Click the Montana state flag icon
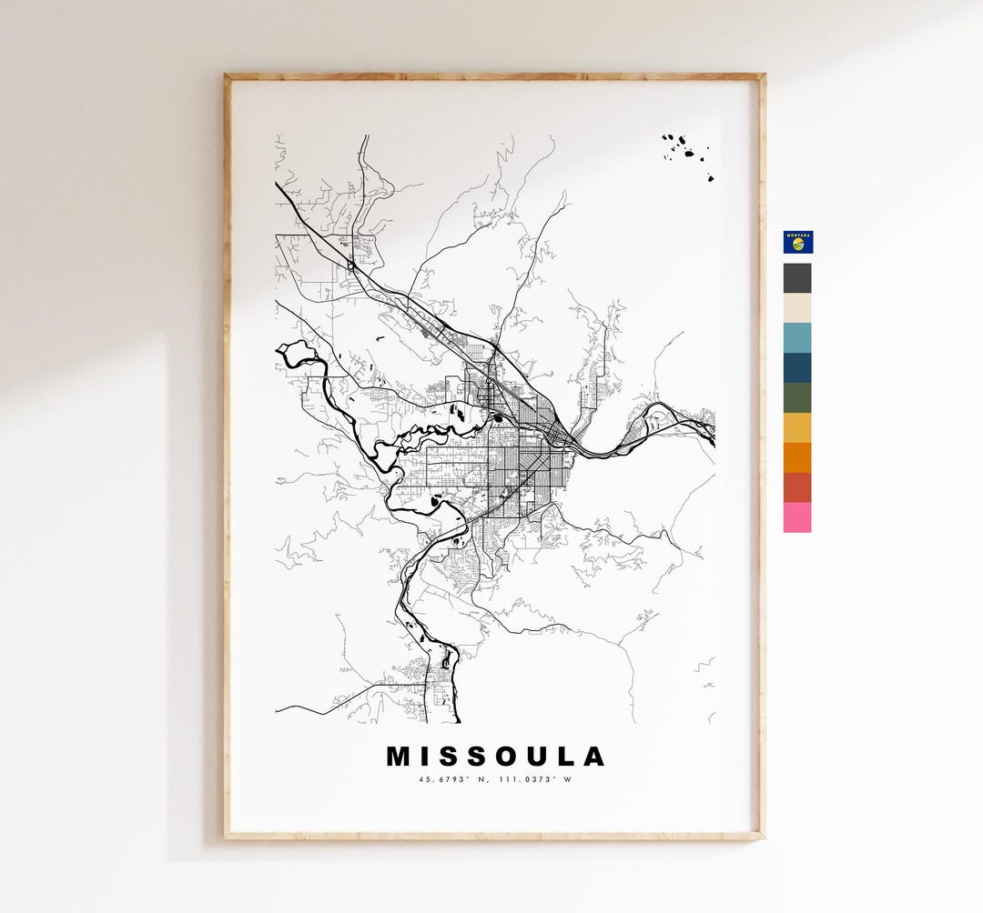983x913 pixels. pos(797,242)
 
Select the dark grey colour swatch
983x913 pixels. pos(797,278)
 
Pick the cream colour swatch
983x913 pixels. pos(797,308)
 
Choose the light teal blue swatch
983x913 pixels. pos(797,338)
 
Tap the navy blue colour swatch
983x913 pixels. pos(797,368)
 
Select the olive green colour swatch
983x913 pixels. pos(797,398)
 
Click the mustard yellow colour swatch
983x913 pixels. pos(797,428)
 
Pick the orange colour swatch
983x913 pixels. pos(797,458)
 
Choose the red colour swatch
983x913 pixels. pos(797,488)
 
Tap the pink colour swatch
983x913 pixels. pos(797,517)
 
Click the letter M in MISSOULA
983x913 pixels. pos(400,757)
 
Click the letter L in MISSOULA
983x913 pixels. pos(566,757)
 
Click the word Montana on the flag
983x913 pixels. pos(797,235)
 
